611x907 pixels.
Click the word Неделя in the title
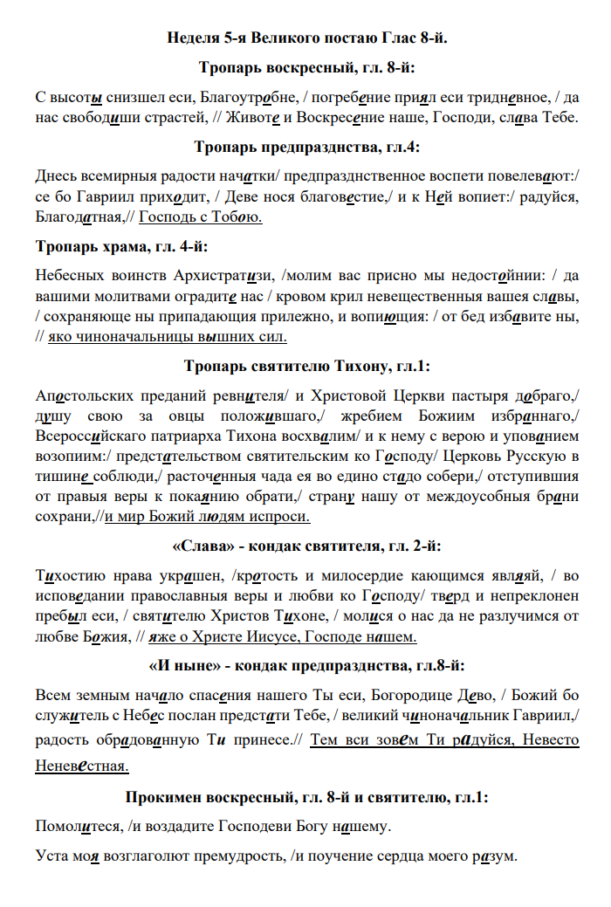click(x=191, y=38)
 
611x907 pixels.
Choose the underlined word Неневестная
click(x=82, y=766)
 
